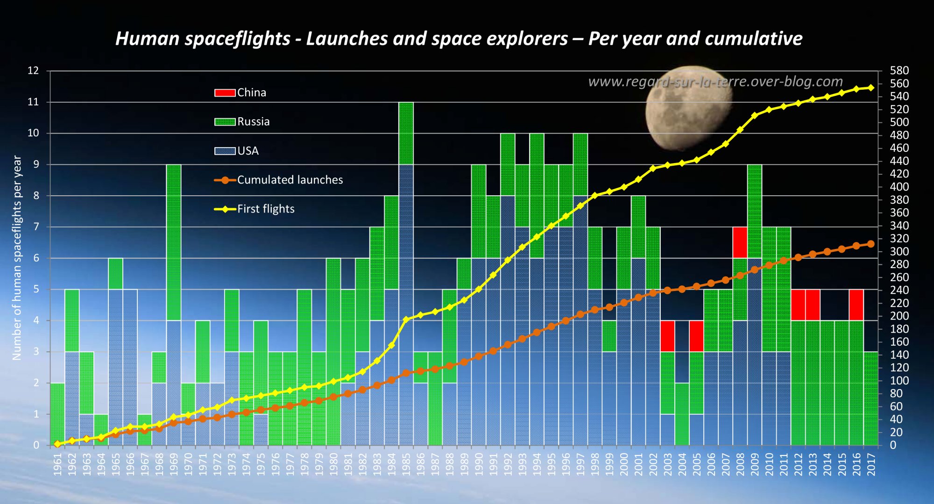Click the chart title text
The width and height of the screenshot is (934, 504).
(x=459, y=39)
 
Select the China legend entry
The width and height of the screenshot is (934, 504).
(x=240, y=92)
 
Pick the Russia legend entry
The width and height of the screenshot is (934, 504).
(x=242, y=121)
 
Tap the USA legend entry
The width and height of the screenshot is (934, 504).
(x=236, y=151)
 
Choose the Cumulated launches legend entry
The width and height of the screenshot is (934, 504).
(x=278, y=180)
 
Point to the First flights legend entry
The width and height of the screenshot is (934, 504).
(x=254, y=209)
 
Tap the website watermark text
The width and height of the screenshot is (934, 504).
(x=715, y=82)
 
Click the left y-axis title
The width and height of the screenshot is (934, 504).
(x=17, y=258)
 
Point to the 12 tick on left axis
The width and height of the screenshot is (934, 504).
(x=33, y=71)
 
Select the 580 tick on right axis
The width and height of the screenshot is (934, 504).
(x=899, y=71)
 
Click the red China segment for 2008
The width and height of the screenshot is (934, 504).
(x=740, y=242)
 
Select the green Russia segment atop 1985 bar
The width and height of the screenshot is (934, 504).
(x=406, y=133)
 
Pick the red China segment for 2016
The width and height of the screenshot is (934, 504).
(x=856, y=305)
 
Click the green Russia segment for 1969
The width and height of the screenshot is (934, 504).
(x=173, y=242)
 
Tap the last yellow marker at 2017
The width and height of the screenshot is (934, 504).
(x=870, y=87)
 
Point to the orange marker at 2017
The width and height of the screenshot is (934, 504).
(x=870, y=244)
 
